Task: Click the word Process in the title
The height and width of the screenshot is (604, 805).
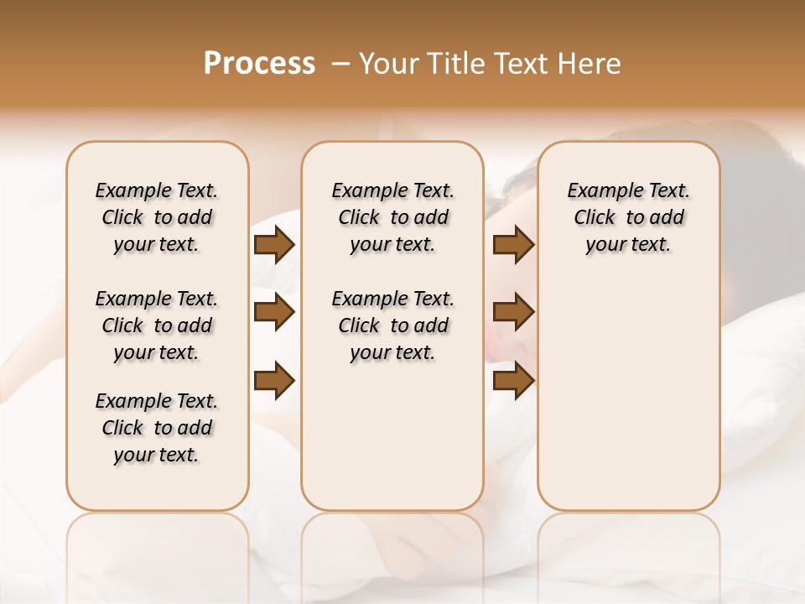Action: [x=259, y=64]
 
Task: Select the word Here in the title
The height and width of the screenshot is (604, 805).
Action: [x=589, y=64]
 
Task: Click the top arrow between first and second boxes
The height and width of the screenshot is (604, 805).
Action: [x=274, y=245]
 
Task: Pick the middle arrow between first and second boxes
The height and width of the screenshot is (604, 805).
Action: [x=274, y=312]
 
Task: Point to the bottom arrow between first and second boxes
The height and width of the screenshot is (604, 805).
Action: [x=274, y=380]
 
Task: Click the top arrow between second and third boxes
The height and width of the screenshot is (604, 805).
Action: [x=514, y=245]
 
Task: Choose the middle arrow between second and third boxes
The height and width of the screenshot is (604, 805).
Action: [x=514, y=312]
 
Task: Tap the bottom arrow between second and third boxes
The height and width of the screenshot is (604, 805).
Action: [x=514, y=380]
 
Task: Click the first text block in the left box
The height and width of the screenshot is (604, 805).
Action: [x=157, y=217]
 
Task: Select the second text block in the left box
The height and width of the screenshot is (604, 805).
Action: [x=157, y=325]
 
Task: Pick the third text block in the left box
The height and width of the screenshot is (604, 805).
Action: [x=157, y=428]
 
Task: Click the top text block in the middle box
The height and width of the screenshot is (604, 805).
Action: [x=393, y=217]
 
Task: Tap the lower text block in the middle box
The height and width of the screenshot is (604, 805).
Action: [x=393, y=325]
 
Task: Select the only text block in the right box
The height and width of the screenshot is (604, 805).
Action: [x=629, y=217]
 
